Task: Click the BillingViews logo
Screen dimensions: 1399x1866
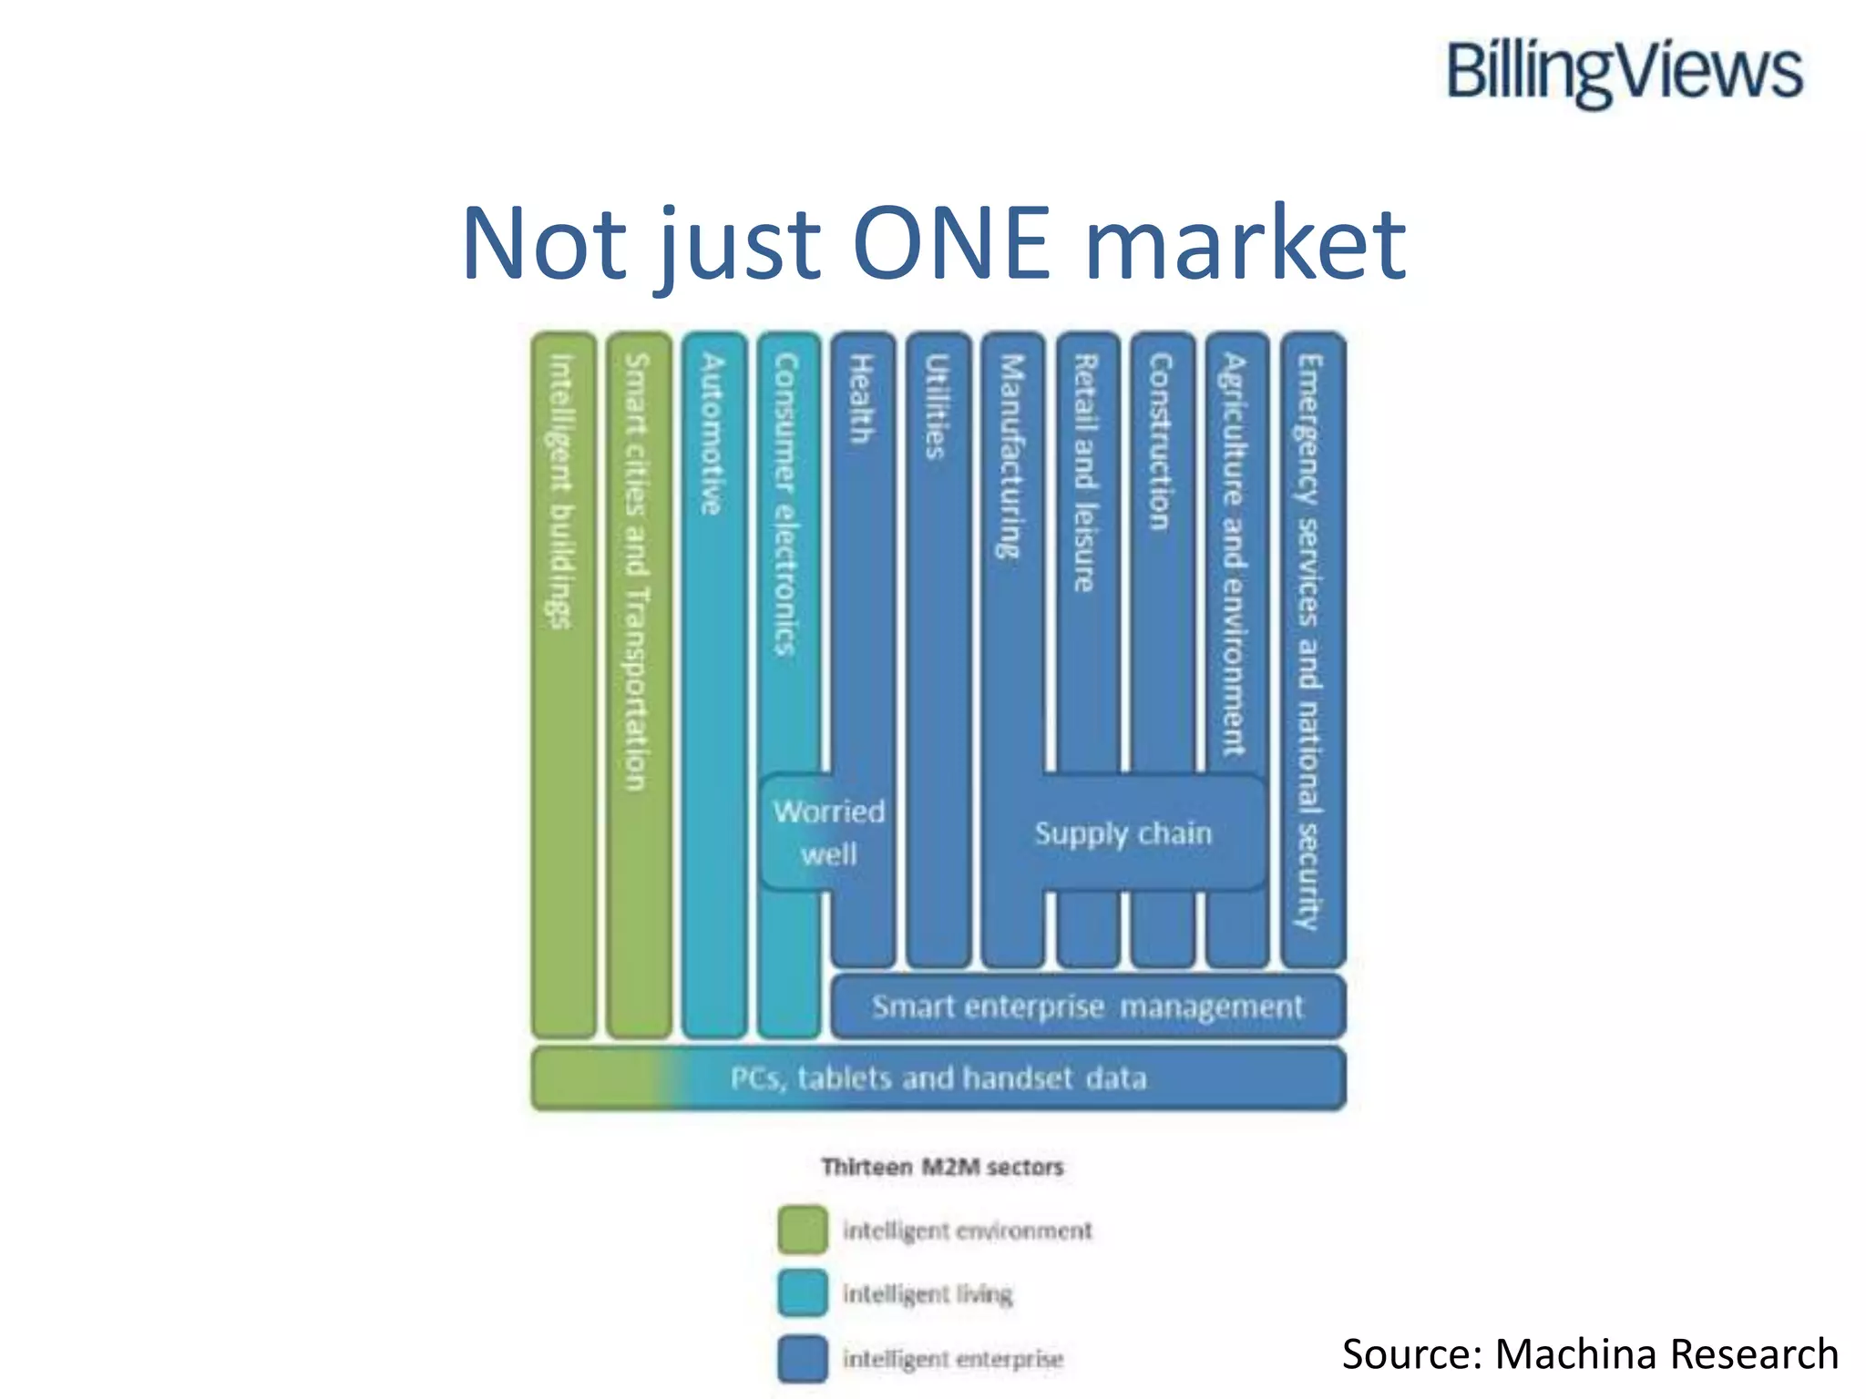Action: point(1624,73)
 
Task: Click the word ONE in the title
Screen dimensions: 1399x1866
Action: point(951,243)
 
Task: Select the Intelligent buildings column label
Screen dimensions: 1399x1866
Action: point(562,492)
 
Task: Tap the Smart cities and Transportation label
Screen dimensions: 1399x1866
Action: point(637,572)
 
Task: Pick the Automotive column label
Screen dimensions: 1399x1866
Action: point(713,434)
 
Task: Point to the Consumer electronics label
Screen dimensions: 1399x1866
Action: point(785,505)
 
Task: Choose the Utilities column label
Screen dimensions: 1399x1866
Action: point(937,406)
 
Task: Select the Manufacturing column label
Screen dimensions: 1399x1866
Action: point(1011,455)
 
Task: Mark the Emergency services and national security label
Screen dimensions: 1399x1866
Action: point(1310,641)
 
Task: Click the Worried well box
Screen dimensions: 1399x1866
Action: point(828,832)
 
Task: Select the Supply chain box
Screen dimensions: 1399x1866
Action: point(1123,833)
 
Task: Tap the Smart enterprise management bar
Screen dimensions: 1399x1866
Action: point(1088,1006)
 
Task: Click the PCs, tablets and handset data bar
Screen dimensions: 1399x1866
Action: point(938,1078)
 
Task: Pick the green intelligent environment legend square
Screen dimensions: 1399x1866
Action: point(803,1230)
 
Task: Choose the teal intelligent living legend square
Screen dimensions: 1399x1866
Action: point(803,1293)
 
